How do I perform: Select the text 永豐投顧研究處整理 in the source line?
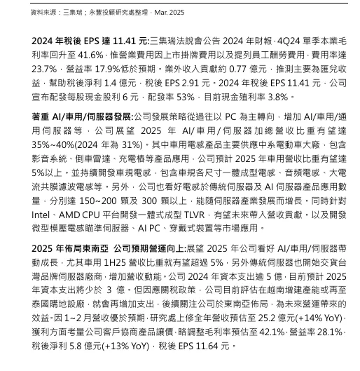click(x=99, y=13)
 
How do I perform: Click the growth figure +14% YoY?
click(x=326, y=319)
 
